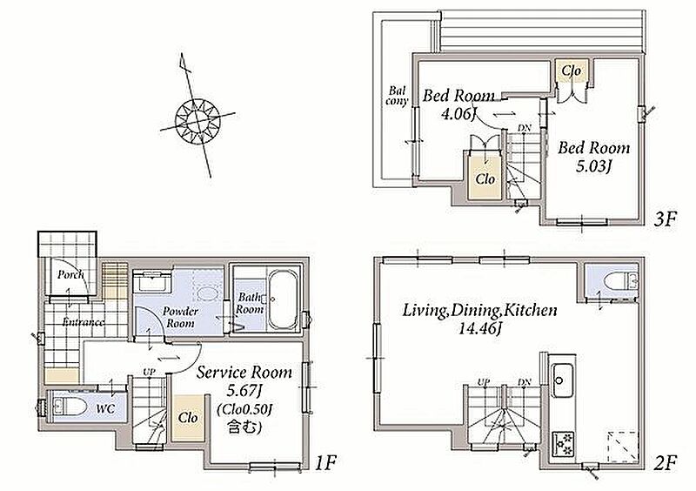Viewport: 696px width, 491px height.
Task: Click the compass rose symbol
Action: point(197,121)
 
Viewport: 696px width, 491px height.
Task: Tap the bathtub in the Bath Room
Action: point(282,299)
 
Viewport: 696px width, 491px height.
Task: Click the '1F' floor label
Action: point(326,463)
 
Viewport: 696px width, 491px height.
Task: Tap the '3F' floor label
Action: point(666,219)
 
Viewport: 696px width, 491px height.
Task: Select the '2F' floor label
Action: point(666,463)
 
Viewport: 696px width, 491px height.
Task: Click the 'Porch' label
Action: point(70,274)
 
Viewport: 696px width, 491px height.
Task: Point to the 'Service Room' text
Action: point(244,373)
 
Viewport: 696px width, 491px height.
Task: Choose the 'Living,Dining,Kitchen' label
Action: point(479,310)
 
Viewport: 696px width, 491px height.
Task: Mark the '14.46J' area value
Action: point(480,329)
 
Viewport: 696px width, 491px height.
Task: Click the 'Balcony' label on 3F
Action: point(397,96)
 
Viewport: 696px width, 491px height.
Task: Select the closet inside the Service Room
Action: point(188,418)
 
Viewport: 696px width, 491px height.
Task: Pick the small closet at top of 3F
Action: point(572,71)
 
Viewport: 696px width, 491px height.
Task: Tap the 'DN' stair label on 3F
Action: point(525,128)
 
